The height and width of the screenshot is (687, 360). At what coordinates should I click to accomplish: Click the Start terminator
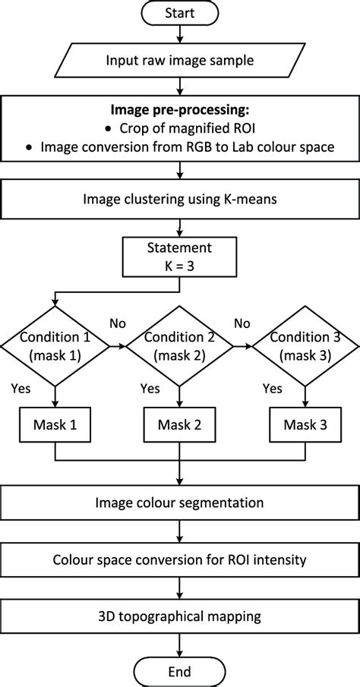(180, 13)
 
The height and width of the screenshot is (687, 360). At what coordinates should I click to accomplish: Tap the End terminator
(180, 672)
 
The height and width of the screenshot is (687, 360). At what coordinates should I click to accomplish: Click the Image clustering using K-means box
(180, 200)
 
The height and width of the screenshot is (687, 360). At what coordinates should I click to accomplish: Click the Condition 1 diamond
(55, 346)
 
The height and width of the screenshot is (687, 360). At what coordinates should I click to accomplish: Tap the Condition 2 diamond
(179, 346)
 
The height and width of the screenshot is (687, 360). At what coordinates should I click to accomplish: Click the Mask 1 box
(55, 425)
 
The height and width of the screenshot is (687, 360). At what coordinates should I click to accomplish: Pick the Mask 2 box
(179, 425)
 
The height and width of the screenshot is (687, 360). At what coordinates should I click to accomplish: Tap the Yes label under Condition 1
(21, 388)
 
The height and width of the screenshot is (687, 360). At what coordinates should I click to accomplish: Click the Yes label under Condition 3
(271, 388)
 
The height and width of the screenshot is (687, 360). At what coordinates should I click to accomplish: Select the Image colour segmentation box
(180, 503)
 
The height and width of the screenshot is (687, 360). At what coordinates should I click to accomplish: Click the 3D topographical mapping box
(180, 617)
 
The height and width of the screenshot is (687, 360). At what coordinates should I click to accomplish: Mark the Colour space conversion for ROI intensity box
(180, 560)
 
